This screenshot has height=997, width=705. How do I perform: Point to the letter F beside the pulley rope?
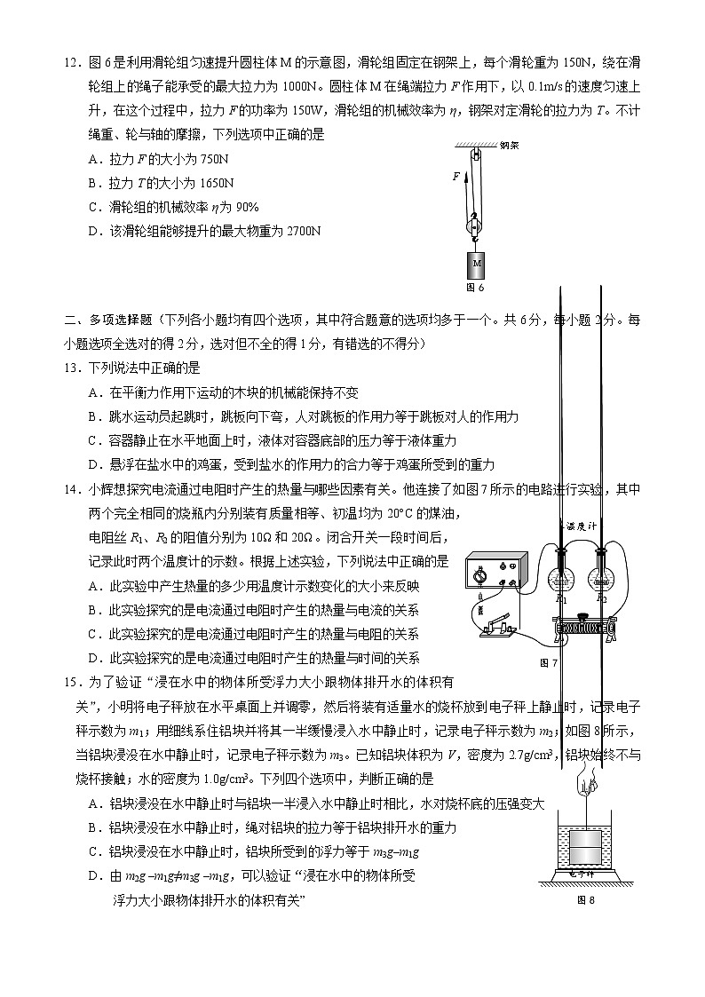[x=456, y=176]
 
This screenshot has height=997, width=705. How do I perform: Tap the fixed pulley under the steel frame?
[x=475, y=156]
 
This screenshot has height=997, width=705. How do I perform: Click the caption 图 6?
[x=476, y=288]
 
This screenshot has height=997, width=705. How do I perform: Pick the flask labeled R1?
[x=562, y=577]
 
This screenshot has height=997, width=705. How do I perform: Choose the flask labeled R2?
[x=602, y=577]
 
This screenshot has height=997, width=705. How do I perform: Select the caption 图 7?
[x=549, y=662]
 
